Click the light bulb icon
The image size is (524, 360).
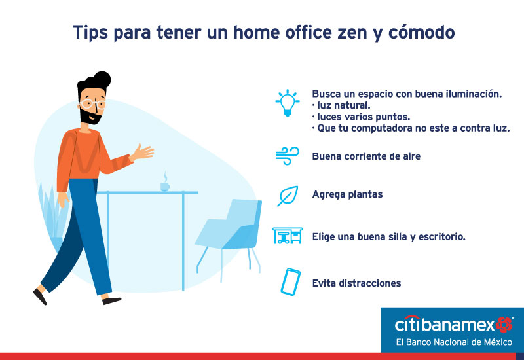click(x=288, y=103)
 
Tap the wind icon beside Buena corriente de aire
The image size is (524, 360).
click(x=288, y=156)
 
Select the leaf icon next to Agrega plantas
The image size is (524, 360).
click(x=288, y=196)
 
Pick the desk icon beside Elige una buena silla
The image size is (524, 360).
click(x=288, y=236)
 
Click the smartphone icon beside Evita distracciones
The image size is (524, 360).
click(x=290, y=282)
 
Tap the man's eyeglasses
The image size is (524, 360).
click(x=92, y=104)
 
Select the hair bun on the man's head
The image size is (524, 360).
click(x=102, y=79)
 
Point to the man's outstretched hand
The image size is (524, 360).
click(x=143, y=153)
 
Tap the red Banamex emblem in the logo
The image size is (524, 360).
click(x=504, y=325)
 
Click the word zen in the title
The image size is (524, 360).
click(x=354, y=32)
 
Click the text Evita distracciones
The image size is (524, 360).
click(x=356, y=283)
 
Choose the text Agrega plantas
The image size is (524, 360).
click(x=348, y=194)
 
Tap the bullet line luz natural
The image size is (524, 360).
click(x=341, y=105)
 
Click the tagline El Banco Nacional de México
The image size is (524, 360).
click(x=454, y=342)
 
